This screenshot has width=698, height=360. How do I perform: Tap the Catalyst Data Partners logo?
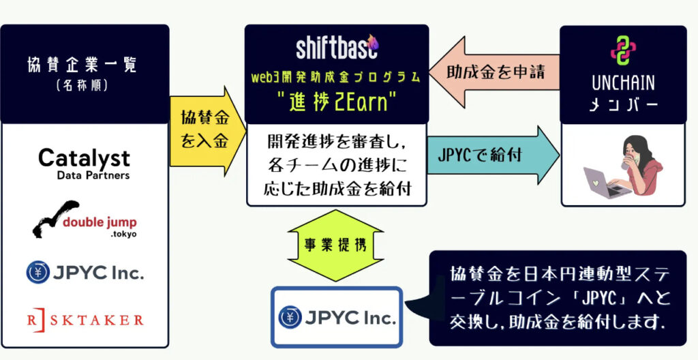(84, 164)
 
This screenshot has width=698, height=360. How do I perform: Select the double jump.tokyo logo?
(84, 219)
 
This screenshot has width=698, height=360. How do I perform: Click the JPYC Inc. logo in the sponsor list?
(85, 272)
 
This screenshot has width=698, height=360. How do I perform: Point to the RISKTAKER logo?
(85, 319)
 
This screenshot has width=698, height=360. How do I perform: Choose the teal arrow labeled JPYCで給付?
(493, 155)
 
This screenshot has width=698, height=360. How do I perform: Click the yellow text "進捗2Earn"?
(337, 103)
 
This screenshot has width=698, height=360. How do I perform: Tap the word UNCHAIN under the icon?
(623, 84)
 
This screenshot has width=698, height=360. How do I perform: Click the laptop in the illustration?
(605, 182)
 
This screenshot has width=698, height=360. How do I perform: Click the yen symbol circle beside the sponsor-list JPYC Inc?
(38, 272)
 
